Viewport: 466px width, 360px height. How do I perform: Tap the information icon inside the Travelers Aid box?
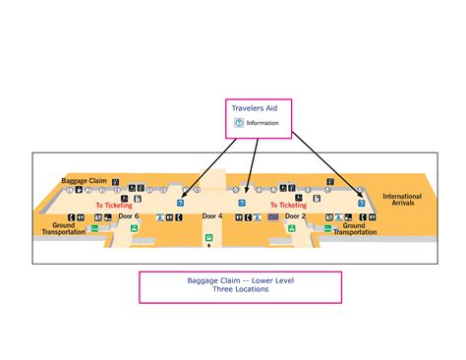[239, 123]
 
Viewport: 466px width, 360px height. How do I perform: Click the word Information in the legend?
[262, 123]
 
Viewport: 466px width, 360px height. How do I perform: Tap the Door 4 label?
[212, 214]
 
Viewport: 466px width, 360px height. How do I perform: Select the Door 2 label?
[296, 214]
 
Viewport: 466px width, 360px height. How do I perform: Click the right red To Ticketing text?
[288, 206]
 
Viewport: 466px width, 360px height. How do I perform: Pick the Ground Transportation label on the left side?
[64, 229]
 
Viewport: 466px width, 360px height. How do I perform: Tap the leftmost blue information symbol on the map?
[180, 204]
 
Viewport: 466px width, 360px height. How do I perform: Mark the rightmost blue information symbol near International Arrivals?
[361, 204]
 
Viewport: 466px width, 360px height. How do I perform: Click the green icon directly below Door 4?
[208, 238]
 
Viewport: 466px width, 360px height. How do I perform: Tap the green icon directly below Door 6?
[94, 228]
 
